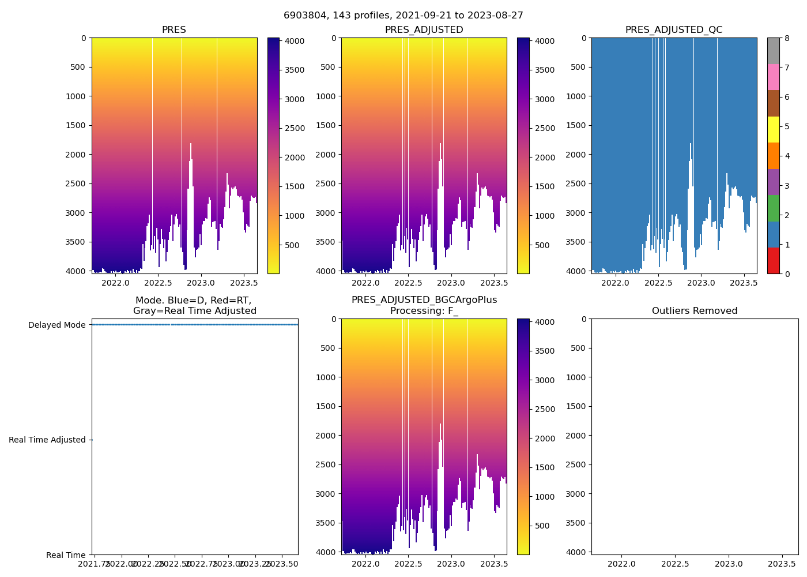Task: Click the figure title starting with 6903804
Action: click(x=403, y=16)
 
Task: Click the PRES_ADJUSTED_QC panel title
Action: click(x=674, y=30)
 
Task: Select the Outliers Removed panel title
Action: click(x=695, y=311)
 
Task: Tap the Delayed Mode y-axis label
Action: click(x=56, y=325)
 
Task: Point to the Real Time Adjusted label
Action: click(x=47, y=440)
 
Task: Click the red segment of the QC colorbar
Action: click(x=773, y=261)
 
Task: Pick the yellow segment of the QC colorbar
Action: click(x=773, y=129)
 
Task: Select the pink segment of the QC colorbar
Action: click(x=773, y=77)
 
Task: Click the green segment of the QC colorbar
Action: click(x=773, y=208)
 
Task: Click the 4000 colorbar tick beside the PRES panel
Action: click(x=295, y=41)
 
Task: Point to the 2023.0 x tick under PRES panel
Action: click(x=201, y=283)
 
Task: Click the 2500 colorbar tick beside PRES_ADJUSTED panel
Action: click(x=545, y=128)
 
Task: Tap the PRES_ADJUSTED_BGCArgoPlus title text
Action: click(x=424, y=300)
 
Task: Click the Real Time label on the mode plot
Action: click(x=66, y=555)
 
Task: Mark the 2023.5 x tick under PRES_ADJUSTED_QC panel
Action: click(x=744, y=283)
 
